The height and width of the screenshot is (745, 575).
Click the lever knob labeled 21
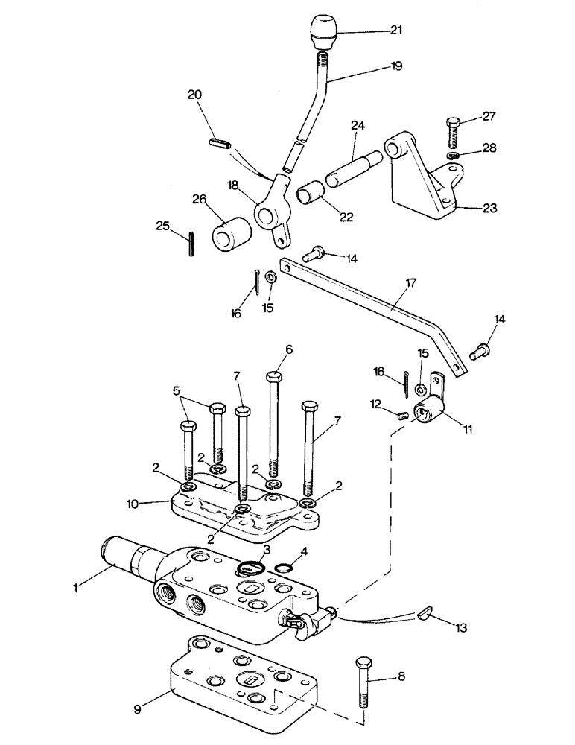pos(324,31)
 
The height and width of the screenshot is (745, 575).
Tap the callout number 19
pos(395,66)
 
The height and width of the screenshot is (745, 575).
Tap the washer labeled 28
pos(453,155)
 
